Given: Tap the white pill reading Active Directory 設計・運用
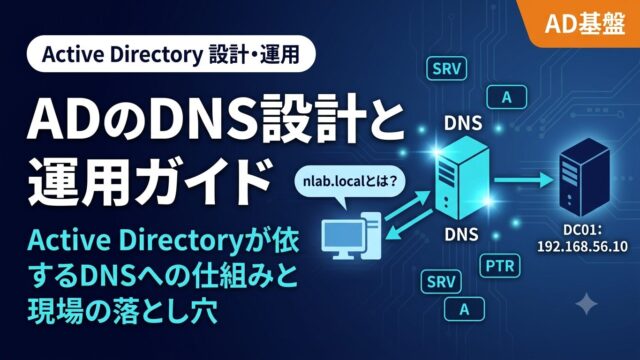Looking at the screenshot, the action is [171, 54].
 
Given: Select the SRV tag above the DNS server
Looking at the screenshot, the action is [446, 69].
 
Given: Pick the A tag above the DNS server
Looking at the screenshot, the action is [507, 97].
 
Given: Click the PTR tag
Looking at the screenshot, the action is [500, 266].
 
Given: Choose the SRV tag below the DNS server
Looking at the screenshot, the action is [441, 282].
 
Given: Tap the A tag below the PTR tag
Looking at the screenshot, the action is [464, 309].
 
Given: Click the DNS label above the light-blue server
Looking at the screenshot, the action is [463, 123].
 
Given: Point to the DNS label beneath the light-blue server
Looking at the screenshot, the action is [461, 234].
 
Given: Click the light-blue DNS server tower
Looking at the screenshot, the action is [462, 178].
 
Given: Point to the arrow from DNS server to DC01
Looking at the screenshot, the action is [524, 179].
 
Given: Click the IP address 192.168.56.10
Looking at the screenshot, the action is [582, 247].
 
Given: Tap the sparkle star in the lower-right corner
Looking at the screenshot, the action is [587, 304].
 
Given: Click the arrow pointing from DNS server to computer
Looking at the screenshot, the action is [409, 224].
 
